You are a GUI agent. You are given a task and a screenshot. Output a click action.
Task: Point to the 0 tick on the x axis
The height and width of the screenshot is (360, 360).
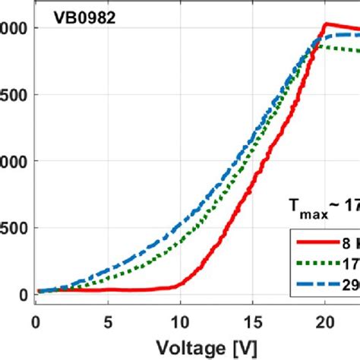click(35, 321)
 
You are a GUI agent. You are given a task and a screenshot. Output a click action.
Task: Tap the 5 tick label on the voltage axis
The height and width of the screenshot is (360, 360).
click(108, 321)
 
